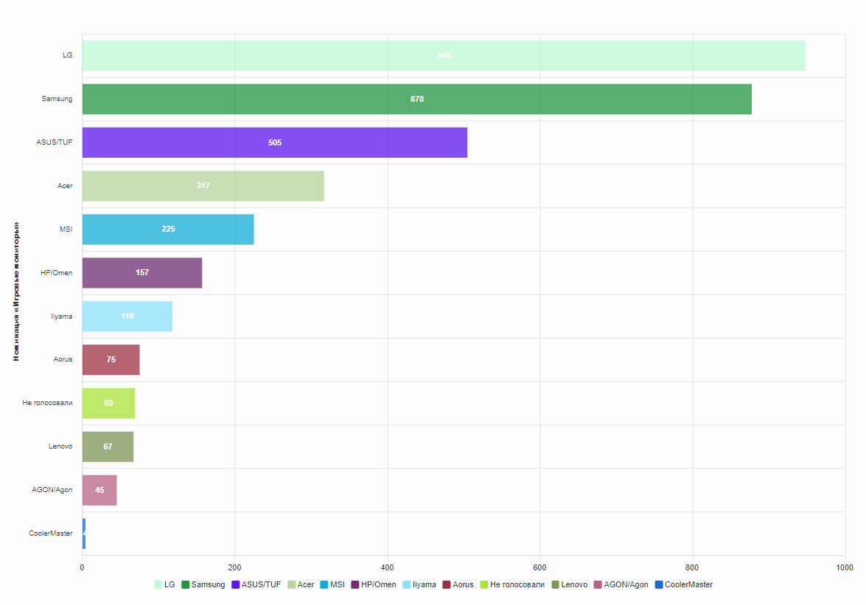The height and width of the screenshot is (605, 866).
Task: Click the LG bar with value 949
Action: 444,55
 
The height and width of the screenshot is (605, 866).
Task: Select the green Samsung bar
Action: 416,99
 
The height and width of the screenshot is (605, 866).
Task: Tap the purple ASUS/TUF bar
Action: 274,142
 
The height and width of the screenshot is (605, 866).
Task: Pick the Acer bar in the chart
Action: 203,186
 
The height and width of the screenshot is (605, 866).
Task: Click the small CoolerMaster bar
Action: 84,533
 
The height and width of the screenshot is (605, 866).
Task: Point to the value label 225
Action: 168,229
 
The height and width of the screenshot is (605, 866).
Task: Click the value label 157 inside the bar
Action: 142,273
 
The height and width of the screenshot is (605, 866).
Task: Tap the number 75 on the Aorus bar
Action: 111,360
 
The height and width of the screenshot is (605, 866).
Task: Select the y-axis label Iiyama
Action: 61,317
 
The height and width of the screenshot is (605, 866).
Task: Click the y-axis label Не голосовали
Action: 47,403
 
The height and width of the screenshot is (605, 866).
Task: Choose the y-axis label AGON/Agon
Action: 52,490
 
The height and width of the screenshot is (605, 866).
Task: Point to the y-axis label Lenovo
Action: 60,446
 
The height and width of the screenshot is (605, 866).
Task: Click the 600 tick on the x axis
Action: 540,567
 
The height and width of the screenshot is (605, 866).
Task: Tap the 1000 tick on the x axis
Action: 845,567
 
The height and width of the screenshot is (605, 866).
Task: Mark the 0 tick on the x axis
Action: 82,567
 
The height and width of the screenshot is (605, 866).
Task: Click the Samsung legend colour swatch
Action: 186,585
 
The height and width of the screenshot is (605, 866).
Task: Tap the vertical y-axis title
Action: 16,291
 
